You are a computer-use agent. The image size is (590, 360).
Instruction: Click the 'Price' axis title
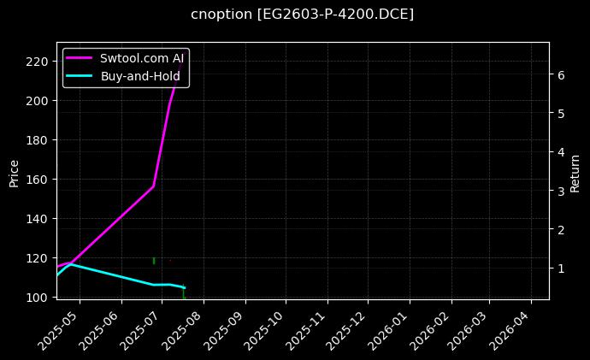[x=14, y=171]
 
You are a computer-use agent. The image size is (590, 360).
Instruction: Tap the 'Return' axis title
[x=575, y=171]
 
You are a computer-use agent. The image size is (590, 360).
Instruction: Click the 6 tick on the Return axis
[x=560, y=74]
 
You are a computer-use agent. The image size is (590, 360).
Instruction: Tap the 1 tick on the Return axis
[x=560, y=269]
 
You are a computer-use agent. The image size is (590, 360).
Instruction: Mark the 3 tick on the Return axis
[x=560, y=191]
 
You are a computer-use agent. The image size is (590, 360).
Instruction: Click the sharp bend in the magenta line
[x=154, y=186]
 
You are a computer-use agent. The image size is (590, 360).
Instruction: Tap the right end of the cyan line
[x=184, y=287]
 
